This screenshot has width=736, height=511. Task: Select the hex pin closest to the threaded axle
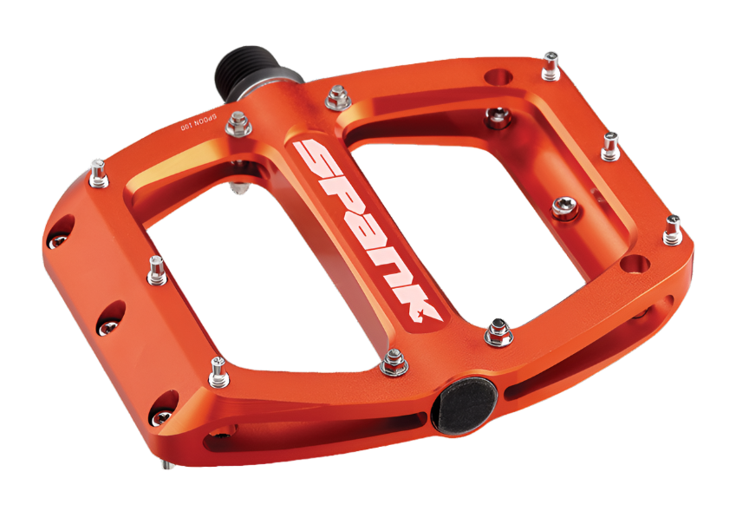(337, 97)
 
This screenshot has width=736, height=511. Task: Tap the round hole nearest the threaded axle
(497, 77)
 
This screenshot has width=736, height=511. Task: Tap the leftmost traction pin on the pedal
(101, 173)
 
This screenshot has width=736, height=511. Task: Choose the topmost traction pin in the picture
(550, 64)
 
